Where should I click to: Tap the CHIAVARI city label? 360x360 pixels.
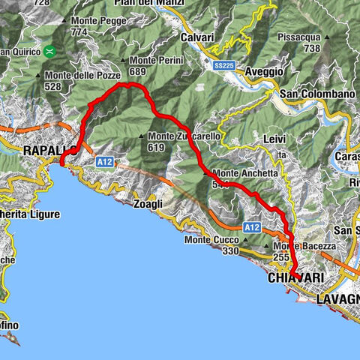[x=294, y=277]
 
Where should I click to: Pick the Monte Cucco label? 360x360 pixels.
[x=212, y=240]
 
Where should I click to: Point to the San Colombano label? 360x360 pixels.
[x=316, y=94]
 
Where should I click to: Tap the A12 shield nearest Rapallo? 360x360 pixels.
[x=104, y=160]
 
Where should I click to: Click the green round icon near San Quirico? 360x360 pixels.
[x=49, y=52]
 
